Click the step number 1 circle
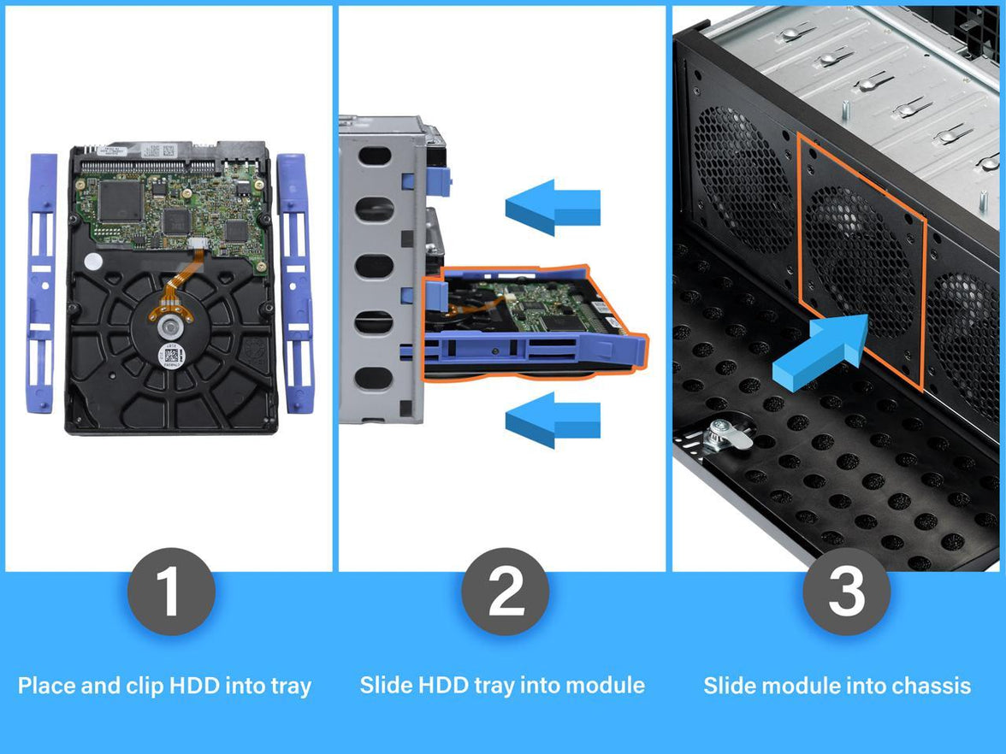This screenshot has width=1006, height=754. pos(171,592)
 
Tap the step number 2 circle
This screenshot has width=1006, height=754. pos(505,592)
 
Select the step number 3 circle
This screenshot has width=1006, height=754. pos(846,592)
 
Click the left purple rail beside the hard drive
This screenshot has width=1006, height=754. pos(41,282)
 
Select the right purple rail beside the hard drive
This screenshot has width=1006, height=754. pos(296,282)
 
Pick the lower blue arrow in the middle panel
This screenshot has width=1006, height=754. pos(552,420)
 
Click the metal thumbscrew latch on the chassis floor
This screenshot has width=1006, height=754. pos(723,436)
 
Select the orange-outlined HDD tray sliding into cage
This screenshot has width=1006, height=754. pos(530,321)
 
